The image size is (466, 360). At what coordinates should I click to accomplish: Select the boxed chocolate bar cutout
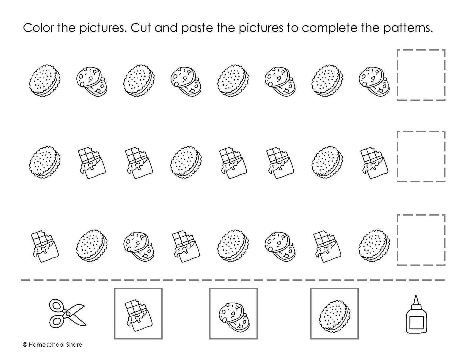pyautogui.click(x=138, y=314)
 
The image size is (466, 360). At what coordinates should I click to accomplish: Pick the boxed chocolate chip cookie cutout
pyautogui.click(x=233, y=314)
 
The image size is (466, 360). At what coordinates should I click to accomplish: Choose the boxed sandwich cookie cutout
pyautogui.click(x=334, y=314)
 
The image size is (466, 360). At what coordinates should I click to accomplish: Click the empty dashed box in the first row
pyautogui.click(x=421, y=75)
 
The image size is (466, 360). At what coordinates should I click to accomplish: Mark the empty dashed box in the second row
pyautogui.click(x=421, y=156)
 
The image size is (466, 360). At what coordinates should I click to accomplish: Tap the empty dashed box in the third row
pyautogui.click(x=421, y=240)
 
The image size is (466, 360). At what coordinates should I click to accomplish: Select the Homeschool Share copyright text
pyautogui.click(x=52, y=345)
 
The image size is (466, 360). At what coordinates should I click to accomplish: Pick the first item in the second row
pyautogui.click(x=45, y=162)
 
